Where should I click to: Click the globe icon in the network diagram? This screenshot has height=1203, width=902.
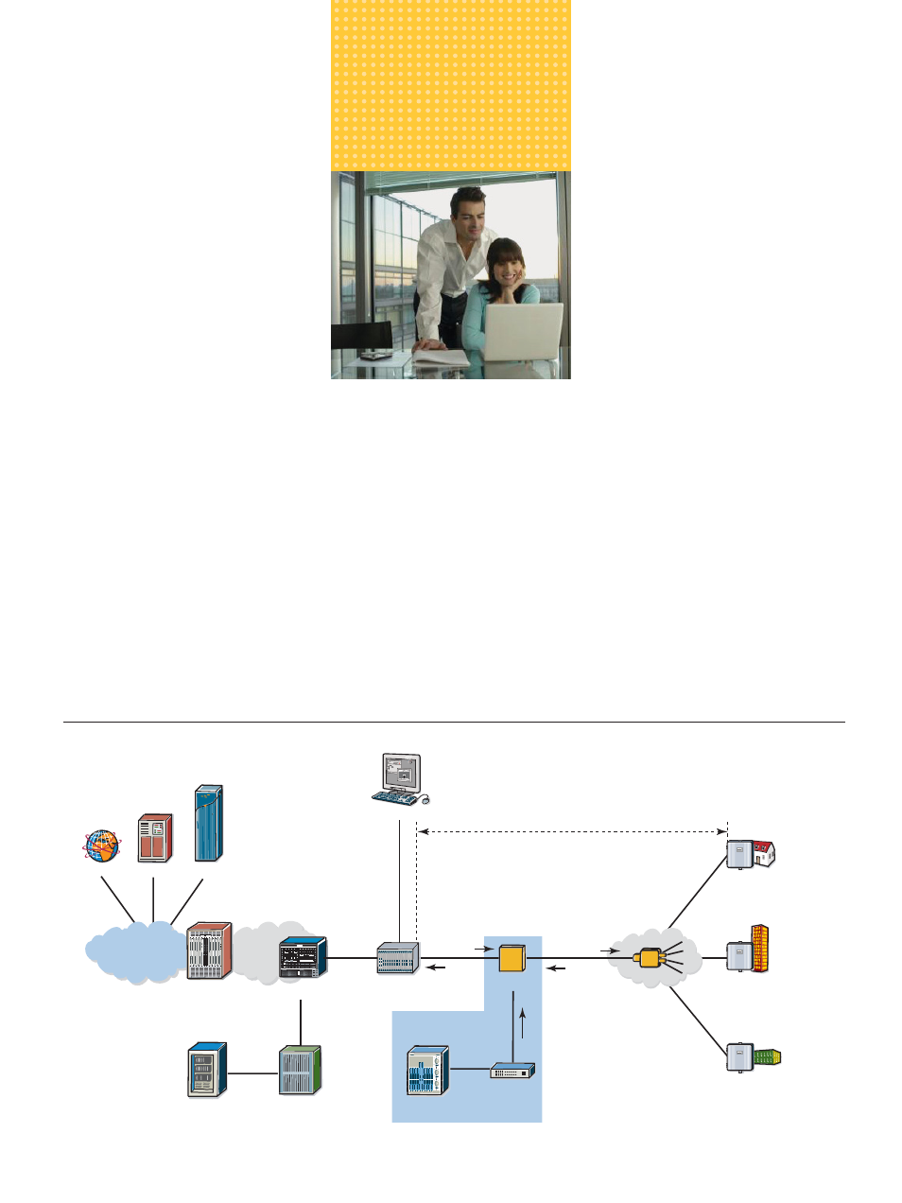(101, 846)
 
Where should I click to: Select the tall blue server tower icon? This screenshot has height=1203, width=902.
(208, 823)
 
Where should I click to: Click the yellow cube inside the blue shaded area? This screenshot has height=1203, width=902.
(512, 959)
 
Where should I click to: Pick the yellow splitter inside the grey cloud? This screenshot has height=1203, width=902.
(650, 958)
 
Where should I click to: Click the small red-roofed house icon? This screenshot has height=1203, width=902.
(763, 853)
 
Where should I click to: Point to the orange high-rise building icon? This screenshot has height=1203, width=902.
(759, 949)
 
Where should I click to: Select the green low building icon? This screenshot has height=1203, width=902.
(768, 1056)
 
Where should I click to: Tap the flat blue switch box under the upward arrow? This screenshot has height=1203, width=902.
(512, 1071)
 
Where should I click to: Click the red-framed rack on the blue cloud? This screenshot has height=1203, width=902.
(209, 950)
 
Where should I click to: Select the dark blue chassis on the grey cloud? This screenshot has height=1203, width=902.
(303, 958)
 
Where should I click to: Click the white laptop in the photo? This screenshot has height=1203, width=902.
(522, 332)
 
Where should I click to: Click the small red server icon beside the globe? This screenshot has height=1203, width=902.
(155, 838)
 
